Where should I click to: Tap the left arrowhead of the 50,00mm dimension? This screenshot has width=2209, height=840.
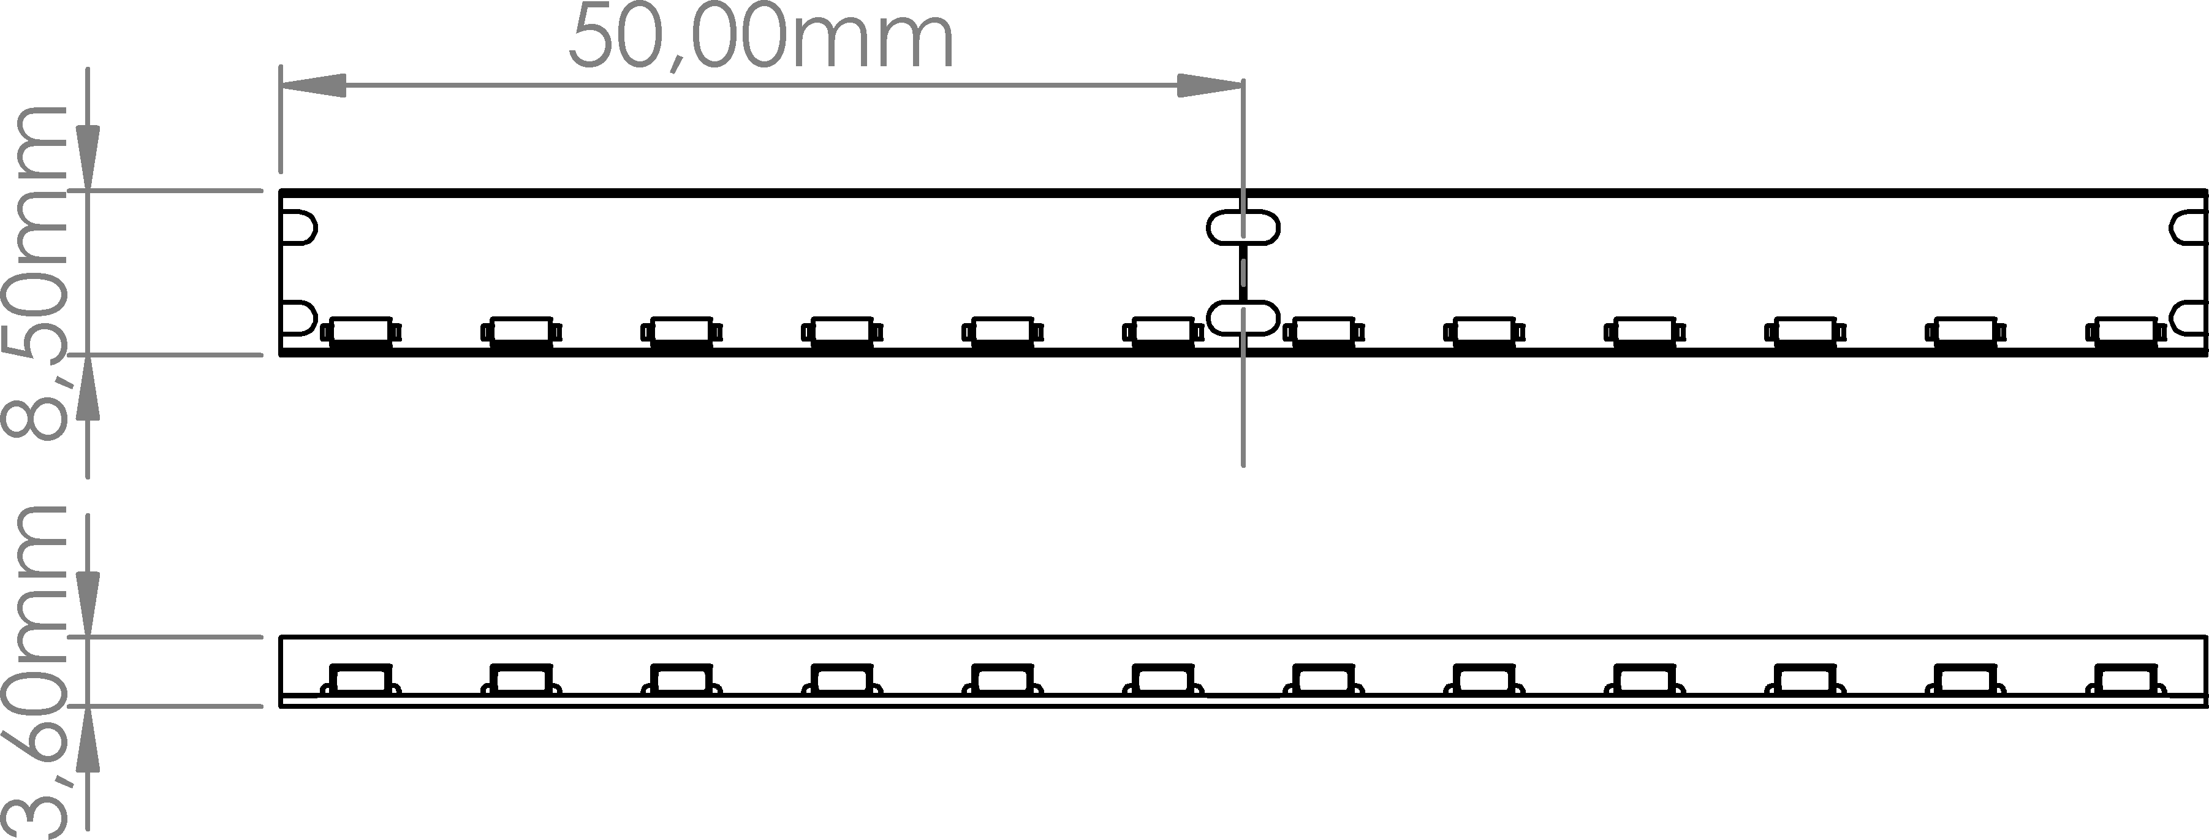(x=314, y=85)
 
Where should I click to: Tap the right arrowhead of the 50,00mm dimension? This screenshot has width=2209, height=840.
(x=1209, y=85)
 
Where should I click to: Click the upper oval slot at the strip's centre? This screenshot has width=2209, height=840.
(x=1243, y=228)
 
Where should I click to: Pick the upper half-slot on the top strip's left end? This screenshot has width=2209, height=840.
(x=299, y=228)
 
